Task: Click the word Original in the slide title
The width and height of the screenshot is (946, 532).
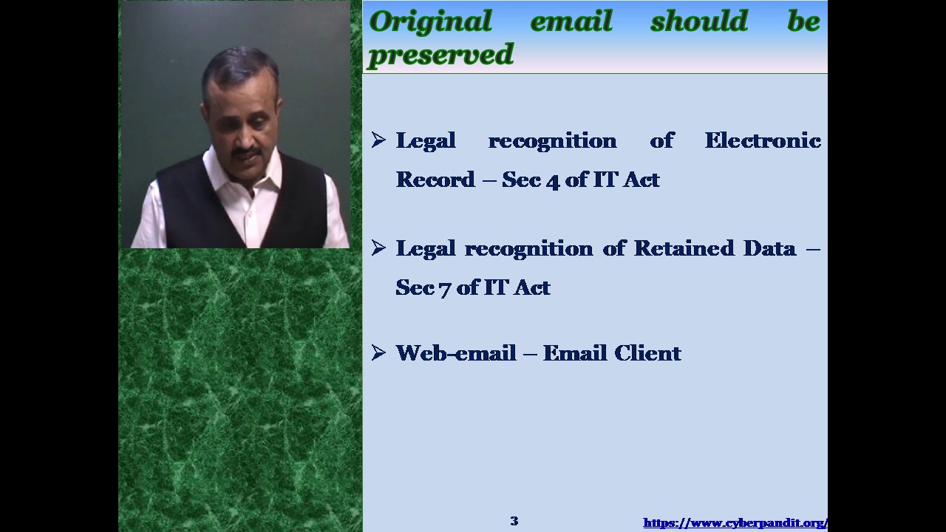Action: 430,21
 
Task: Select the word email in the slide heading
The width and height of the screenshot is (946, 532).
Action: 571,21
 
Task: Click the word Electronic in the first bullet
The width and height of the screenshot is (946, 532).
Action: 762,140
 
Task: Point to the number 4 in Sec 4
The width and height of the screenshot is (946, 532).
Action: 553,180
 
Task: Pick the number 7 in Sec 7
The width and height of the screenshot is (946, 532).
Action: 444,288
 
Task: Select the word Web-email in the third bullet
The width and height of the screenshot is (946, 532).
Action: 455,353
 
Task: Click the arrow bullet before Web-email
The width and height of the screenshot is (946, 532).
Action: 378,352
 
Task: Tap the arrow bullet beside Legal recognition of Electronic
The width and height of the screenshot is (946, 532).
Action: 378,140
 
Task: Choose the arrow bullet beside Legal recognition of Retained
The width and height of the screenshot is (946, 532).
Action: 378,248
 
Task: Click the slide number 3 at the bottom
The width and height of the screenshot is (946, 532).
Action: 514,521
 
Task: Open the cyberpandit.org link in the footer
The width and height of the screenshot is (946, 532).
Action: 735,523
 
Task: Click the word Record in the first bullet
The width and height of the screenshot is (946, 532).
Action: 435,180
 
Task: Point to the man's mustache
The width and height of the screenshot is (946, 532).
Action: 246,153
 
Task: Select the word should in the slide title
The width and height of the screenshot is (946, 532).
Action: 698,21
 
